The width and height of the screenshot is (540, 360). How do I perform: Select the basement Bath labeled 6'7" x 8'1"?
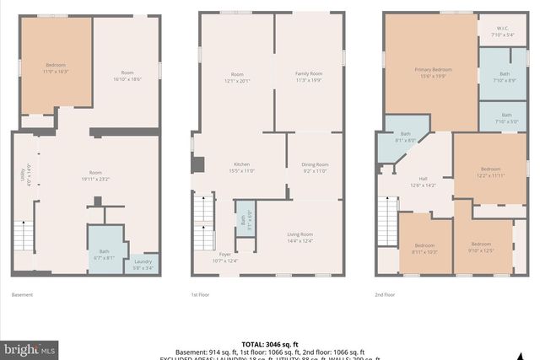105,253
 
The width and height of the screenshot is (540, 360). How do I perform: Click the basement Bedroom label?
56,67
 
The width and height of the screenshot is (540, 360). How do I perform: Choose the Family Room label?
308,76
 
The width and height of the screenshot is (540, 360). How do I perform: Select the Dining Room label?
314,167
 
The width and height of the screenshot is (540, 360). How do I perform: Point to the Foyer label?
225,257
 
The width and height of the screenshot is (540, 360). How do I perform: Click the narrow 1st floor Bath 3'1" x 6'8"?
245,223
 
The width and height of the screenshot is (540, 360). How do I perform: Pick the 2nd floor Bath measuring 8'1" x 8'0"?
405,137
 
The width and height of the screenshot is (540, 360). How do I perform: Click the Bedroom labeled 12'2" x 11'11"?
490,171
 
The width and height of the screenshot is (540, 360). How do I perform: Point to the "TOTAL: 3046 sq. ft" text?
269,344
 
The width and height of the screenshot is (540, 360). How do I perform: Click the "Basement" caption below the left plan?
22,294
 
